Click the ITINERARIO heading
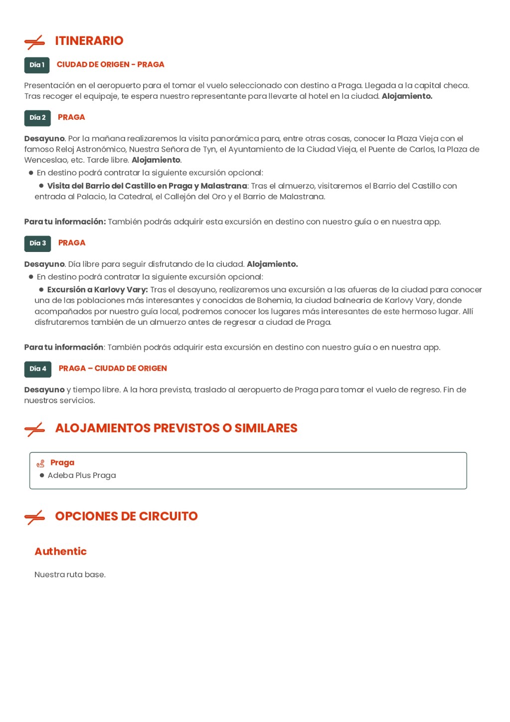click(x=89, y=41)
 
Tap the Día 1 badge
click(x=37, y=65)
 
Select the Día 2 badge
click(x=37, y=118)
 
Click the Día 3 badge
click(x=37, y=243)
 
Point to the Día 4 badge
click(x=37, y=369)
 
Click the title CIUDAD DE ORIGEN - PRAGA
click(x=110, y=64)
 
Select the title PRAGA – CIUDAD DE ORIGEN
click(x=113, y=368)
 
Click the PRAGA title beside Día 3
click(x=72, y=243)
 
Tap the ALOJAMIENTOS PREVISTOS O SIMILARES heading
click(x=176, y=428)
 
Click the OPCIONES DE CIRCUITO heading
click(x=126, y=516)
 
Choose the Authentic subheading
click(x=60, y=551)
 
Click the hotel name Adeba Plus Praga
click(x=82, y=476)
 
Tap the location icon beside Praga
click(x=40, y=464)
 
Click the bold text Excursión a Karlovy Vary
click(x=97, y=290)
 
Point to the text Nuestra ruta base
click(x=70, y=575)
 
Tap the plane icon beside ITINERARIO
click(x=34, y=42)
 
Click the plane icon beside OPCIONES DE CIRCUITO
click(x=34, y=517)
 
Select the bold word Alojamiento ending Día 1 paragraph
click(x=406, y=96)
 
